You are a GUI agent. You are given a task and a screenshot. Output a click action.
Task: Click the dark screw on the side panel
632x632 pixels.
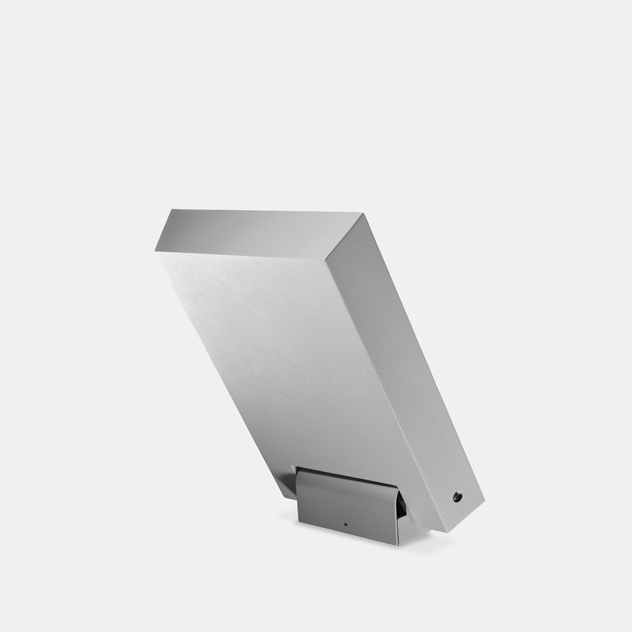457,497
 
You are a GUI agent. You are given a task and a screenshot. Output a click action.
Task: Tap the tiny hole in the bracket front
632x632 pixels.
346,525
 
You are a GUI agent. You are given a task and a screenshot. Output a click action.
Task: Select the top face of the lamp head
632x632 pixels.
257,232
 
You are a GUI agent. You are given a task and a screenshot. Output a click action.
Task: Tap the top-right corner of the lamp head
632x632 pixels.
361,213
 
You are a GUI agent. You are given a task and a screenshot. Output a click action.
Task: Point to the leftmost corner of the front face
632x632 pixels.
156,250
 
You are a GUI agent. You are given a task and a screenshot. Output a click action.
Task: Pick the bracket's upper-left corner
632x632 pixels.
297,469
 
